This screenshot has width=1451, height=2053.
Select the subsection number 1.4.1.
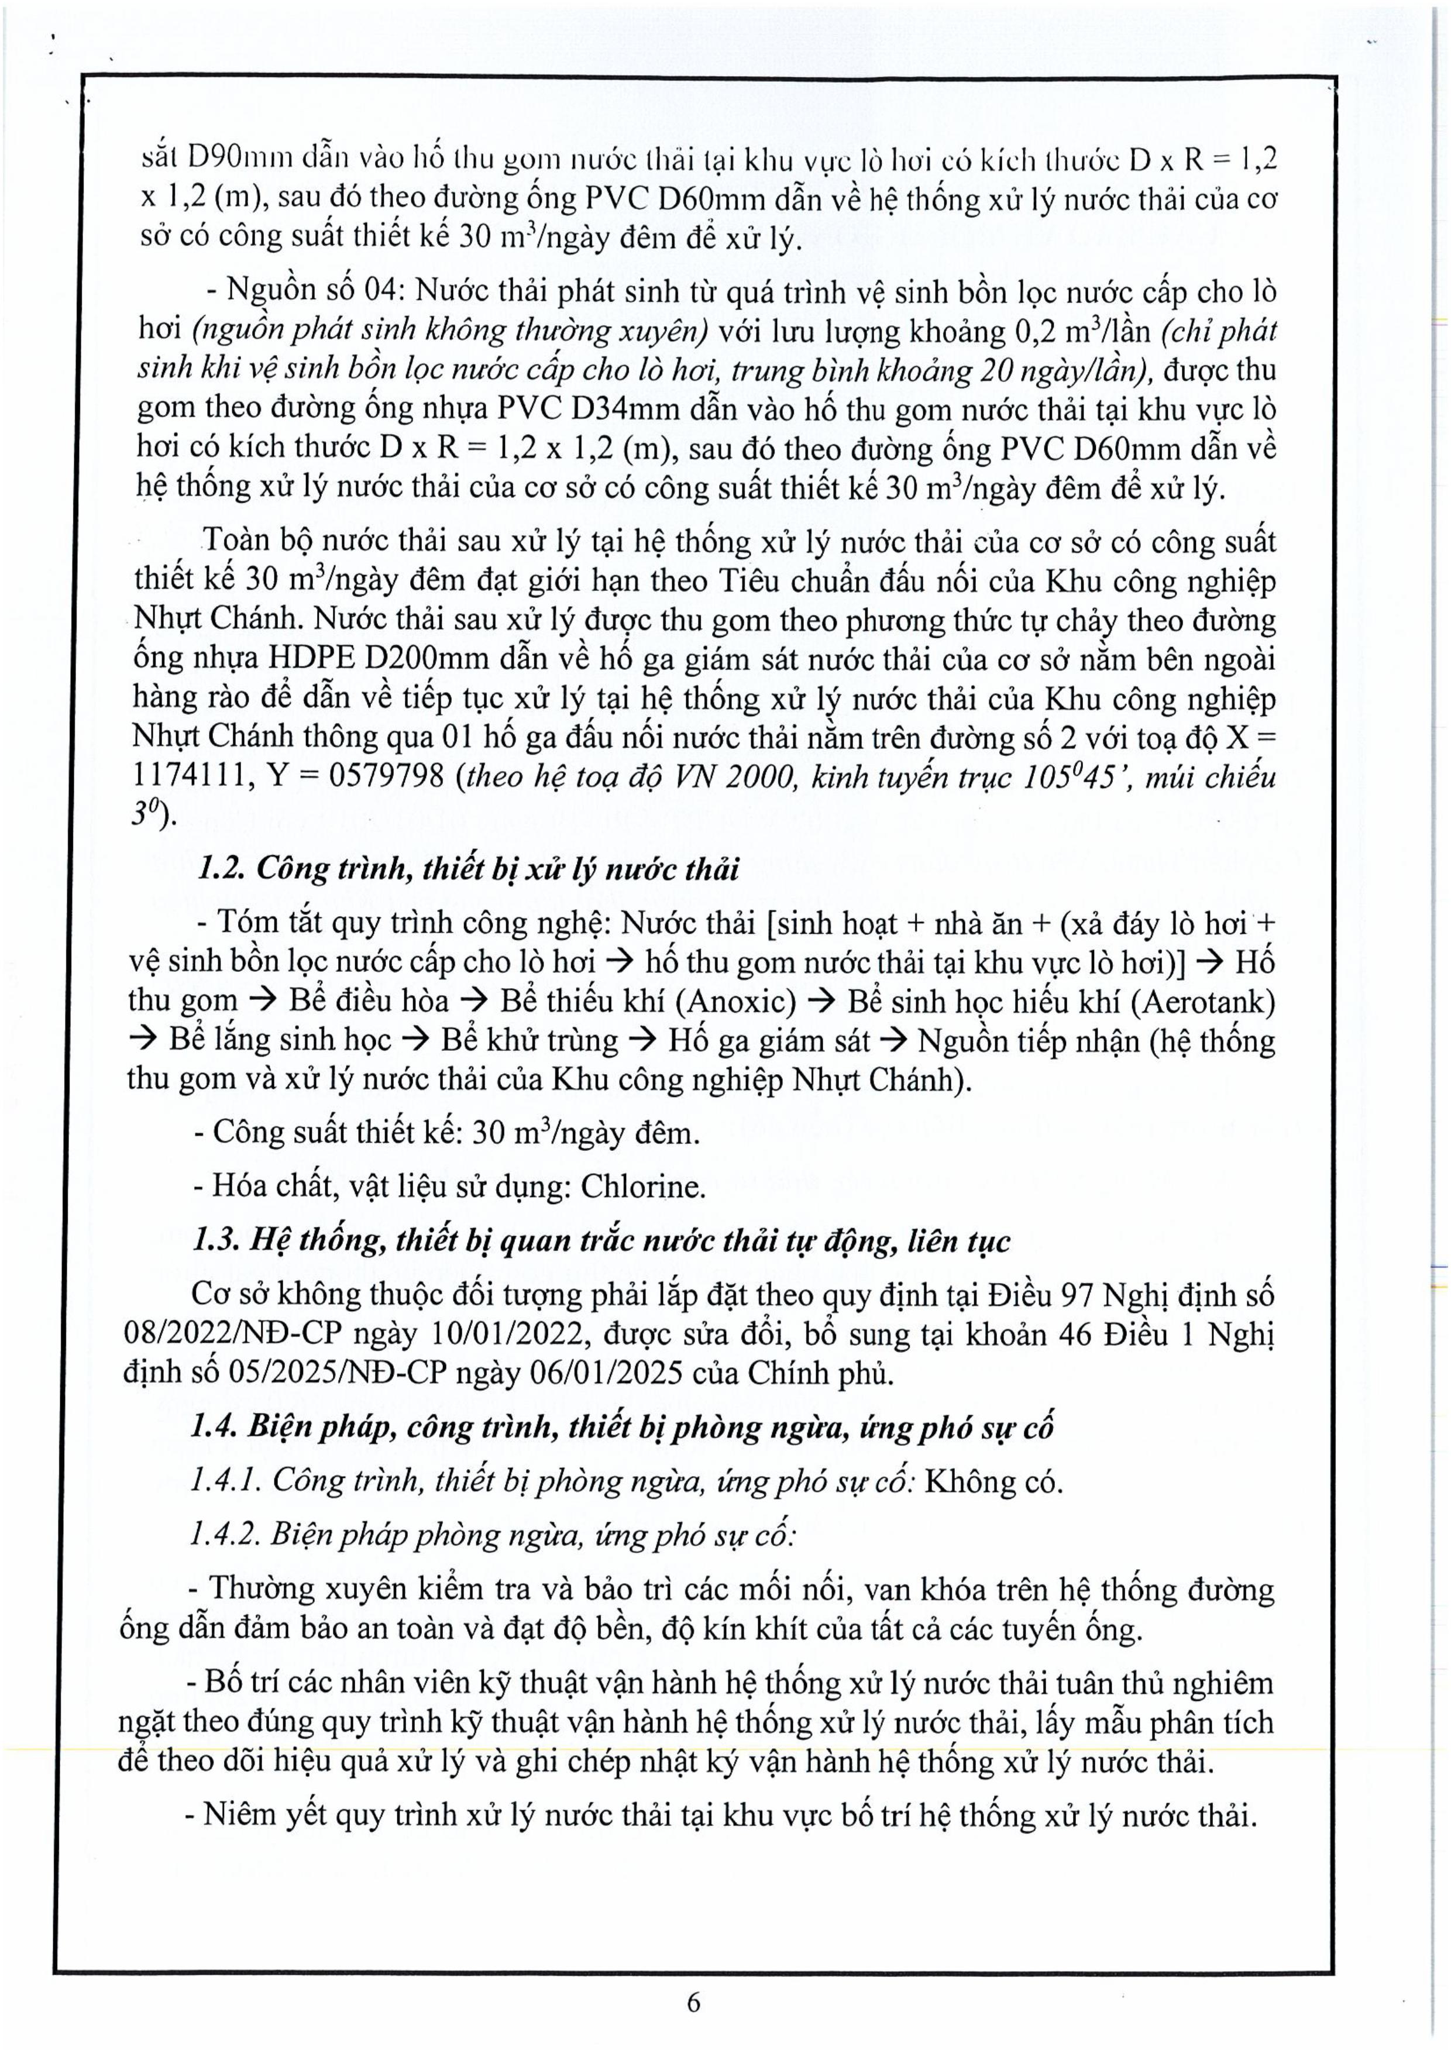point(225,1481)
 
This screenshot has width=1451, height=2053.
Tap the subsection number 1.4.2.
point(225,1535)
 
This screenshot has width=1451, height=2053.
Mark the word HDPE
point(312,659)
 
